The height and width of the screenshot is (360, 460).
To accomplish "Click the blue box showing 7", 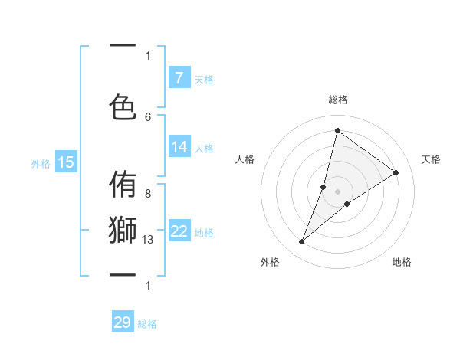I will pos(179,77).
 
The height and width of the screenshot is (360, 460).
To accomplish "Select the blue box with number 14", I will pos(179,147).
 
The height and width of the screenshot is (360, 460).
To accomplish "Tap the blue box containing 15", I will pos(66,162).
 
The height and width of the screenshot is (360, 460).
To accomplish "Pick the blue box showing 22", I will pos(179,231).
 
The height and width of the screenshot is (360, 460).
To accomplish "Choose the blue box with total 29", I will pos(123,322).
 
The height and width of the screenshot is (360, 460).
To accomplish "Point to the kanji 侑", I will pos(123,185).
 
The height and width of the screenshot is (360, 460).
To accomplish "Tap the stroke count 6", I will pos(148,116).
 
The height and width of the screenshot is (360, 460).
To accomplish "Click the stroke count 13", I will pos(149,240).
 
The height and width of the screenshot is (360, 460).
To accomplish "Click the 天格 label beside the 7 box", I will pos(204,79).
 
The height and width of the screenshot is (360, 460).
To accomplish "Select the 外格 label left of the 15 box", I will pos(41,163).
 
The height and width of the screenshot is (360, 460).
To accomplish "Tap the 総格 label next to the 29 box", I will pos(147,324).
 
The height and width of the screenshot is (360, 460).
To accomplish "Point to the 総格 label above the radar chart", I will pos(337,100).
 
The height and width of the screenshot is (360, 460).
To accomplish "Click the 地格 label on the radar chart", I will pos(402,262).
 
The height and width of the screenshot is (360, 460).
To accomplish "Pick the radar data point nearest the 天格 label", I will pos(396,172).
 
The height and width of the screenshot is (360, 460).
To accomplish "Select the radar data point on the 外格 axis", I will pos(301,242).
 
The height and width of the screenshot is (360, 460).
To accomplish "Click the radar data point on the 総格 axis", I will pos(337,130).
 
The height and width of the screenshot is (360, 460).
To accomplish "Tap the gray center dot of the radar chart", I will pos(337,191).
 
